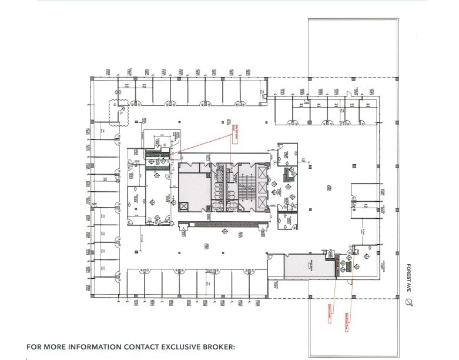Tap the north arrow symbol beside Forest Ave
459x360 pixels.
[410, 302]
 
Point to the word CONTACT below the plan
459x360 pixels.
[132, 346]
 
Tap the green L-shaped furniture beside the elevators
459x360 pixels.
[289, 175]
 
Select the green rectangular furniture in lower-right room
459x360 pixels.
[348, 266]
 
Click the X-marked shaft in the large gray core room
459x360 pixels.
[183, 206]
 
